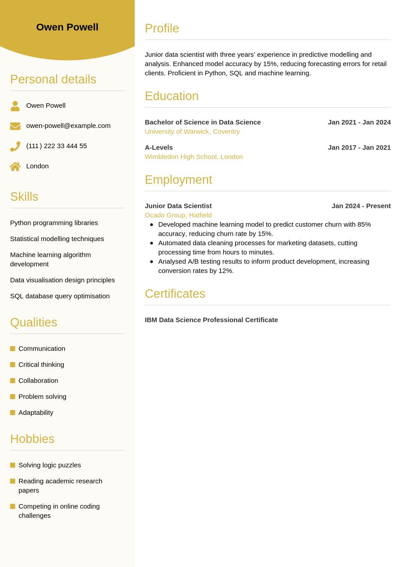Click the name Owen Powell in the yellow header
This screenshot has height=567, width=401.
point(67,27)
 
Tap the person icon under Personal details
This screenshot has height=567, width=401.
point(15,106)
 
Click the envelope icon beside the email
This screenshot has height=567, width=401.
point(15,126)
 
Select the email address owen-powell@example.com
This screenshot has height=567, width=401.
point(68,126)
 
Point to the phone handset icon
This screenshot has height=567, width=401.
point(15,146)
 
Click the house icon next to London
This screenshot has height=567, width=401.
point(15,167)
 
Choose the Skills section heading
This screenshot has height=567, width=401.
point(24,197)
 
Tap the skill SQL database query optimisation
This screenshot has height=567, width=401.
point(60,296)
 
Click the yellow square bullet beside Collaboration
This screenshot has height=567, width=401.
point(13,381)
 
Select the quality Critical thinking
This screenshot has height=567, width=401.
point(41,365)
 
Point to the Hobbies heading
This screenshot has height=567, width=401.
point(32,439)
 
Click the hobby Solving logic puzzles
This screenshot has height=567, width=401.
point(50,465)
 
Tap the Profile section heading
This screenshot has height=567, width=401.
point(162,28)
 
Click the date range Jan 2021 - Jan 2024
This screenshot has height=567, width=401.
point(359,122)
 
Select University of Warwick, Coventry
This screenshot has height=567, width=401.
point(192,132)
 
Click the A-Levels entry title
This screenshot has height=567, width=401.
point(159,147)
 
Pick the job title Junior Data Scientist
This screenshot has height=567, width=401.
point(178,206)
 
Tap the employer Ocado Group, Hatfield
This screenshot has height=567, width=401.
point(178,215)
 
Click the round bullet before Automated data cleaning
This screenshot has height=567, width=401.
point(152,243)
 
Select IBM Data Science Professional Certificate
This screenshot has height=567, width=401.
point(212,320)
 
